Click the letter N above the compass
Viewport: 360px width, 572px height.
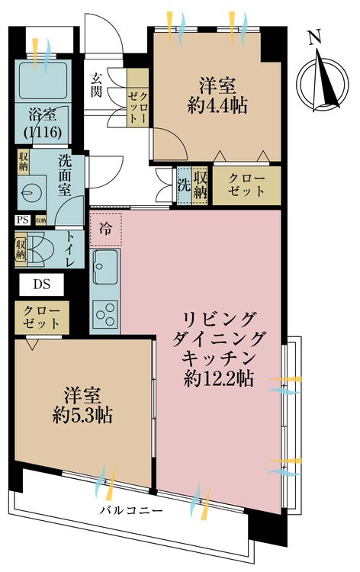(314, 37)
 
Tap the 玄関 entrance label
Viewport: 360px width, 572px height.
(96, 85)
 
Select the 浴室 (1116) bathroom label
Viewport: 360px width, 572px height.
(42, 124)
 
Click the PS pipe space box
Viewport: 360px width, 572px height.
(23, 220)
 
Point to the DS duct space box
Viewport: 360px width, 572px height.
(42, 284)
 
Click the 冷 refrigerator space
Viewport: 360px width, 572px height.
(106, 230)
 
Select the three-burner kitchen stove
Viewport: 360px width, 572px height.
(105, 313)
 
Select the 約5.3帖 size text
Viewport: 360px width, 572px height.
(82, 414)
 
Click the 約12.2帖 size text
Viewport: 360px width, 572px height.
(219, 378)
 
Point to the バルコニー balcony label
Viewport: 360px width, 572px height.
(131, 510)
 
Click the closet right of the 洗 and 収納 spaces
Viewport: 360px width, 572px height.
(246, 185)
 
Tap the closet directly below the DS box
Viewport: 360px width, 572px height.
(42, 317)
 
